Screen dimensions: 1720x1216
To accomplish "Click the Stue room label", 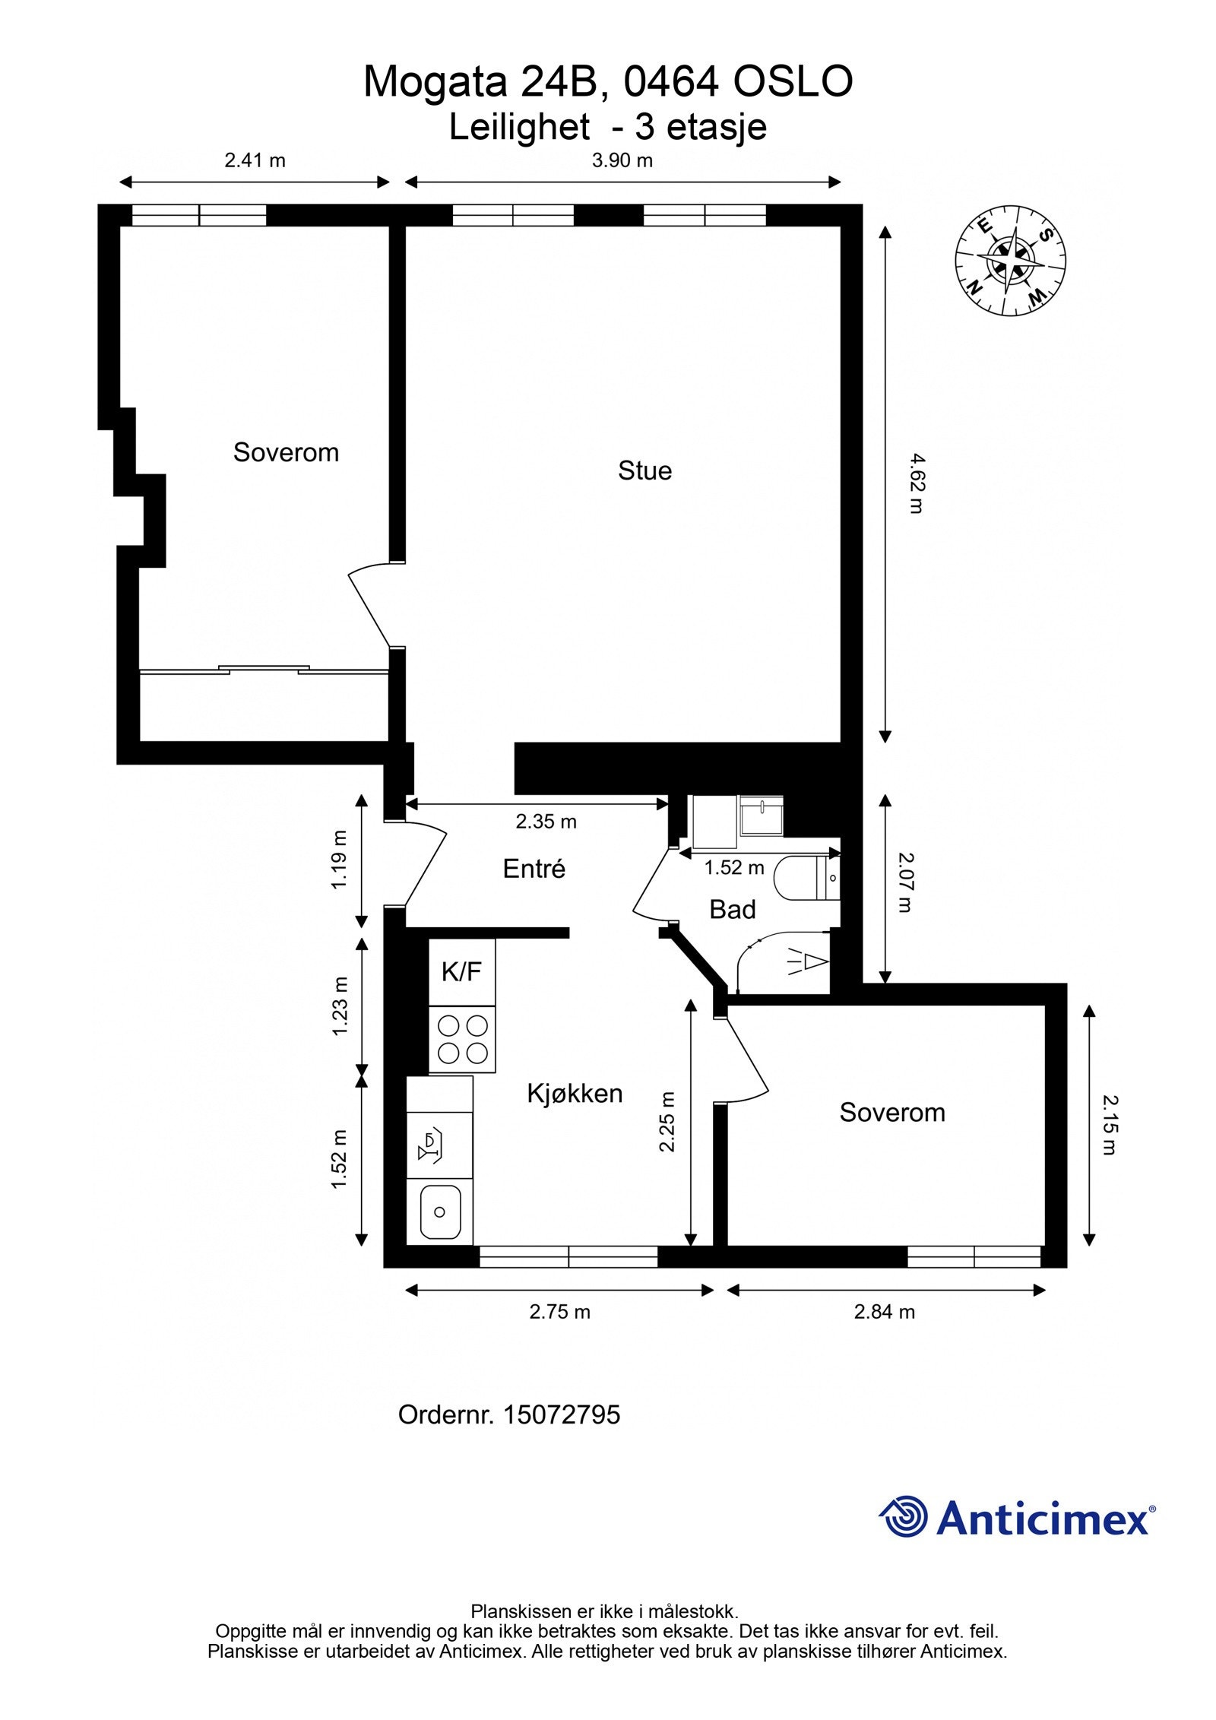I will pyautogui.click(x=644, y=470).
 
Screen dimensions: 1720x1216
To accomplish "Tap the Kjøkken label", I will pyautogui.click(x=575, y=1093).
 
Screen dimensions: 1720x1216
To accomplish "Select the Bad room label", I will pyautogui.click(x=732, y=909).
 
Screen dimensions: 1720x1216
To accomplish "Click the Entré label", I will pyautogui.click(x=534, y=868).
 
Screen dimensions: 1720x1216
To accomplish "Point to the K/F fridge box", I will pyautogui.click(x=461, y=971).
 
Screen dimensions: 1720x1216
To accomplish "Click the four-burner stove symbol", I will pyautogui.click(x=462, y=1039).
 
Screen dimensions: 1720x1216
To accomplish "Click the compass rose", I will pyautogui.click(x=1010, y=260).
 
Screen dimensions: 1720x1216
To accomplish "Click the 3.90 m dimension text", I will pyautogui.click(x=622, y=160).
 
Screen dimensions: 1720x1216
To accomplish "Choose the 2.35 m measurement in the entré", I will pyautogui.click(x=546, y=822).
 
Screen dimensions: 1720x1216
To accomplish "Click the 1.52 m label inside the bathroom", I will pyautogui.click(x=733, y=867).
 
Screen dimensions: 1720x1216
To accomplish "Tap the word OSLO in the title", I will pyautogui.click(x=792, y=82).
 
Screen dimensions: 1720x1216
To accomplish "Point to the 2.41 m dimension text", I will pyautogui.click(x=255, y=160).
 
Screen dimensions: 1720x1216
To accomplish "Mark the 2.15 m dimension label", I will pyautogui.click(x=1110, y=1125).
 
